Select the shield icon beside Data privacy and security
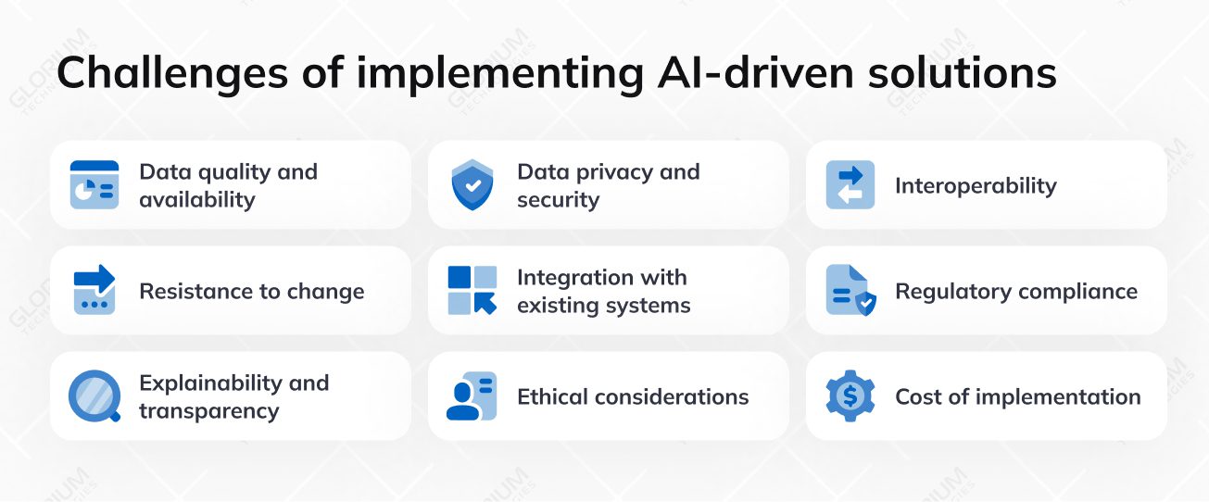click(x=472, y=185)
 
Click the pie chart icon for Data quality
click(x=94, y=185)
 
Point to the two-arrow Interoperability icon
click(x=850, y=185)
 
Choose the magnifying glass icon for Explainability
click(x=94, y=396)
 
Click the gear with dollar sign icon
click(x=850, y=396)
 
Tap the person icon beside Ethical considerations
click(x=472, y=396)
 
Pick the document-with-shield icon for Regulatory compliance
click(x=850, y=291)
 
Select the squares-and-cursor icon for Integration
click(x=472, y=291)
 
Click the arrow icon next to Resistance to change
click(x=94, y=291)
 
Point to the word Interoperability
click(x=976, y=186)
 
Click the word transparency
click(x=208, y=411)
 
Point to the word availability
click(x=196, y=200)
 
